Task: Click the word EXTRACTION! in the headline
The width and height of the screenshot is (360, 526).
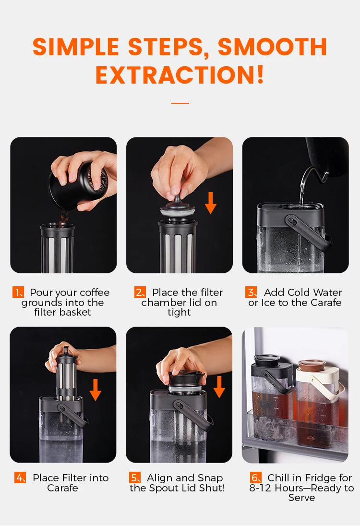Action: pyautogui.click(x=180, y=74)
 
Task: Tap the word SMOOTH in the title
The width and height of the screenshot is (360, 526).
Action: pyautogui.click(x=272, y=47)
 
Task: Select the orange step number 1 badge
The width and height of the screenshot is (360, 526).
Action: pyautogui.click(x=18, y=292)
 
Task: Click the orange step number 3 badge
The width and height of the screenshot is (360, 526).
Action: pyautogui.click(x=251, y=292)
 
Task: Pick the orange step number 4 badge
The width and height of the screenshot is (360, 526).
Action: pyautogui.click(x=20, y=477)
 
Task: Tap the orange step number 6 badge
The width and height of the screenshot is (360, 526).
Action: pyautogui.click(x=256, y=477)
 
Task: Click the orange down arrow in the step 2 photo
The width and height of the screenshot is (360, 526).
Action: pyautogui.click(x=211, y=203)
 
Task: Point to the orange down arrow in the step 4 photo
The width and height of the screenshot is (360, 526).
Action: pyautogui.click(x=96, y=390)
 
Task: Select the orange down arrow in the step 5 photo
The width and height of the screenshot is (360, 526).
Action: pyautogui.click(x=219, y=387)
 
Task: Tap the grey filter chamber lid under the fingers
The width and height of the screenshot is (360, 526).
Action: pyautogui.click(x=177, y=208)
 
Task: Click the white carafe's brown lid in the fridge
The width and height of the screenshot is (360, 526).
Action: pyautogui.click(x=312, y=365)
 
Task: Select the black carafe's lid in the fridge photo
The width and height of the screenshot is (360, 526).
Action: pyautogui.click(x=267, y=360)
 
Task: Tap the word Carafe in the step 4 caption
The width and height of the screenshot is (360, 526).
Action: pyautogui.click(x=63, y=488)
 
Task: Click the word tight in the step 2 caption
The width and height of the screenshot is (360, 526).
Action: pyautogui.click(x=180, y=313)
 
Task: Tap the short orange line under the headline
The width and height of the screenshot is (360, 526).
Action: pyautogui.click(x=180, y=103)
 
